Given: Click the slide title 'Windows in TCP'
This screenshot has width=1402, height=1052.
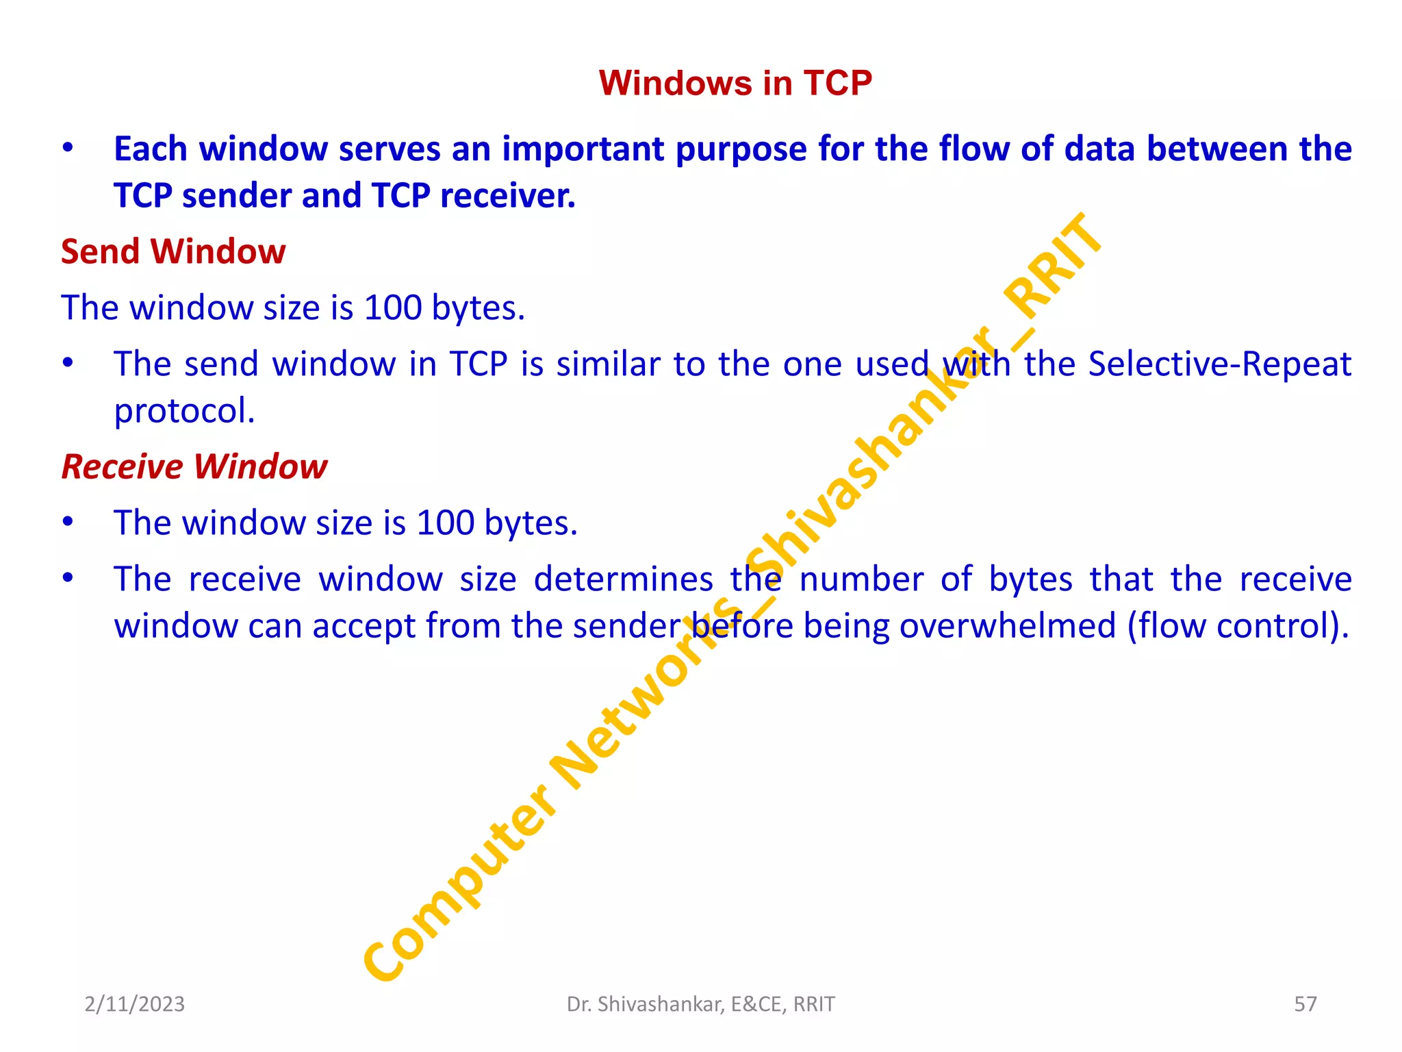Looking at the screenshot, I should click(735, 83).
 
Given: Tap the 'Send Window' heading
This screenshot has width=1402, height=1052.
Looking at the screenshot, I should click(173, 251).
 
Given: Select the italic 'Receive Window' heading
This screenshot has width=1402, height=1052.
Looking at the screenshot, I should click(194, 467).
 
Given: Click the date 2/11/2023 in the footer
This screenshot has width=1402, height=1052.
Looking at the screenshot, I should click(134, 1004).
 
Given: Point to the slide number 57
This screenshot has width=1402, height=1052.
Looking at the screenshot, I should click(1305, 1004).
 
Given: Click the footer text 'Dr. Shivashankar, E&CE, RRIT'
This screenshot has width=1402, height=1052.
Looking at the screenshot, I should click(700, 1004).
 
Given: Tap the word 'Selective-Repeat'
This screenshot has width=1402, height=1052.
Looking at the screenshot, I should click(1219, 364).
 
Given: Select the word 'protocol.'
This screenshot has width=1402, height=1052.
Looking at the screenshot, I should click(184, 411).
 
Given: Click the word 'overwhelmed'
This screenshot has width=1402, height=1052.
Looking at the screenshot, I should click(1007, 626).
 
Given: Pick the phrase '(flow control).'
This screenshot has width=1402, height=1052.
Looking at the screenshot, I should click(1238, 626).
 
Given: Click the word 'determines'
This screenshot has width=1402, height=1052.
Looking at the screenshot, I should click(623, 579).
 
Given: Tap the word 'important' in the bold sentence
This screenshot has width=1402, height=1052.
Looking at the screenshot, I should click(583, 149).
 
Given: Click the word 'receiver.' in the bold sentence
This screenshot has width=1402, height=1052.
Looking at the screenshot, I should click(507, 196).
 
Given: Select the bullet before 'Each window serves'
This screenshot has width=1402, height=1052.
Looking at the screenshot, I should click(67, 149).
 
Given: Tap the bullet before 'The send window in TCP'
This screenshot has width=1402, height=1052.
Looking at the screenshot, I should click(67, 364).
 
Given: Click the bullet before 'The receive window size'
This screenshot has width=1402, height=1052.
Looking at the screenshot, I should click(67, 579).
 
